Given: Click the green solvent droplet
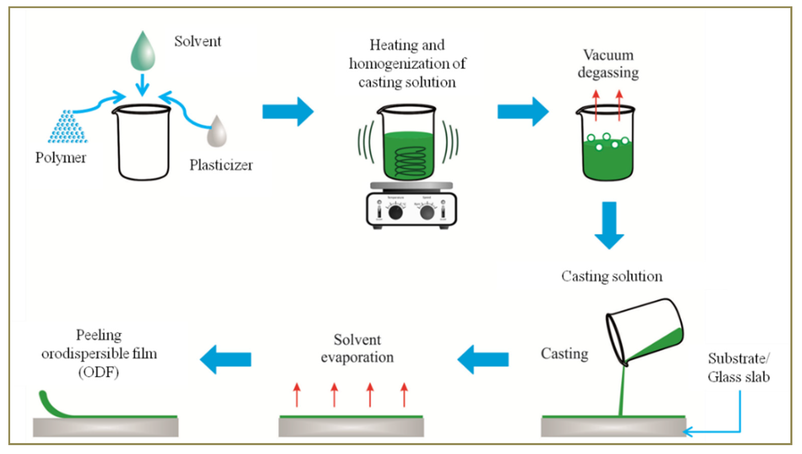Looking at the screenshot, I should pyautogui.click(x=143, y=53).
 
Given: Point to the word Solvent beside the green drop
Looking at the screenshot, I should pyautogui.click(x=197, y=42).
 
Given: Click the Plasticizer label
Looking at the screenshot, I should pyautogui.click(x=221, y=165).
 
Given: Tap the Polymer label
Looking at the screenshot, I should pyautogui.click(x=61, y=157).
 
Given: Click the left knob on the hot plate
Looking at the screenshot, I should pyautogui.click(x=395, y=213).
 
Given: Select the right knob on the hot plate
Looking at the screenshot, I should pyautogui.click(x=427, y=213).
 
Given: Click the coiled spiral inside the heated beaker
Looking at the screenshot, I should pyautogui.click(x=408, y=162).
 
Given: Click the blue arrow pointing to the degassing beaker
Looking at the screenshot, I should pyautogui.click(x=523, y=112).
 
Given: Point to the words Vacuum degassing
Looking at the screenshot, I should pyautogui.click(x=608, y=64).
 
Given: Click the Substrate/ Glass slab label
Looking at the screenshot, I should pyautogui.click(x=739, y=368).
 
